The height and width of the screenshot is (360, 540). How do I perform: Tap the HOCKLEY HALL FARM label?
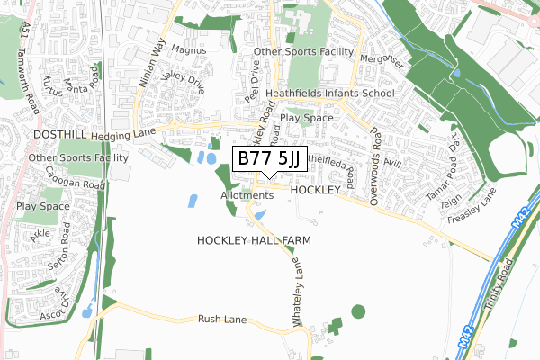click(246, 240)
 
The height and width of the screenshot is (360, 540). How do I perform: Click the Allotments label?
click(246, 195)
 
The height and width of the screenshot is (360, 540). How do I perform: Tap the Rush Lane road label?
click(222, 319)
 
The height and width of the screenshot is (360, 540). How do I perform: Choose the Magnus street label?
click(187, 51)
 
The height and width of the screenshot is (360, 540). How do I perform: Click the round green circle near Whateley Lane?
click(358, 312)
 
